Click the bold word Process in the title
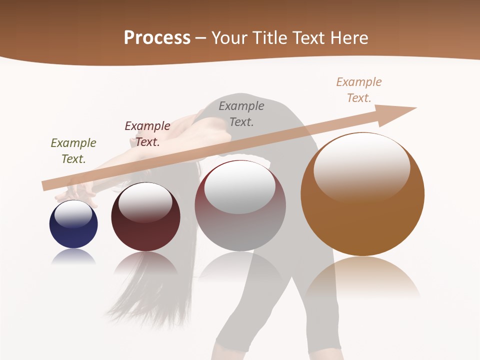[157, 38]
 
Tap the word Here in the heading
[349, 38]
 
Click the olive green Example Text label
[73, 150]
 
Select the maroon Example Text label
[147, 133]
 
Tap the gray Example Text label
[241, 113]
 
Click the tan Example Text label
[359, 89]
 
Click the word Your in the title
[229, 38]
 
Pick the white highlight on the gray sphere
[239, 187]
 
